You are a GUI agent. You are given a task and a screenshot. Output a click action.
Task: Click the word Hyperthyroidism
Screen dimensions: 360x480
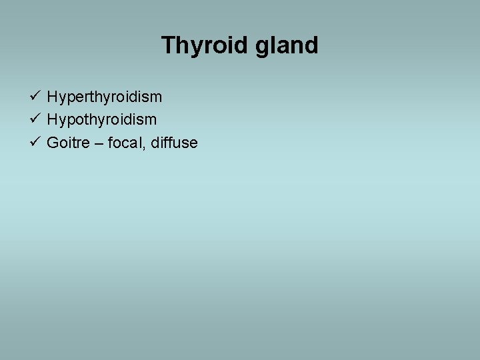(x=104, y=97)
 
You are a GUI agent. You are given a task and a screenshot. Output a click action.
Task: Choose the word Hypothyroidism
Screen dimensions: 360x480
(x=101, y=120)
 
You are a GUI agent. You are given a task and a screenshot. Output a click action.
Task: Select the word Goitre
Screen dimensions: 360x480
(x=68, y=143)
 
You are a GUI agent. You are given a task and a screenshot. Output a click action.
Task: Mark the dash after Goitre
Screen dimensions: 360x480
(x=99, y=143)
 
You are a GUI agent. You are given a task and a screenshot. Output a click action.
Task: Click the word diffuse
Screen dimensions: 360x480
(x=175, y=143)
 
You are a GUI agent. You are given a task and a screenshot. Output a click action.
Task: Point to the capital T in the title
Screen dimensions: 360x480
(x=167, y=45)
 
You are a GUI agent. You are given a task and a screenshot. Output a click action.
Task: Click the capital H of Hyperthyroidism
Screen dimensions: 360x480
(x=52, y=97)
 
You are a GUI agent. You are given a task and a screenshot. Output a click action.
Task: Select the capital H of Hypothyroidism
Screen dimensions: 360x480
(x=52, y=120)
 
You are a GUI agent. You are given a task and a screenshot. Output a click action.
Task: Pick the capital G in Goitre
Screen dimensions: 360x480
(x=53, y=143)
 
